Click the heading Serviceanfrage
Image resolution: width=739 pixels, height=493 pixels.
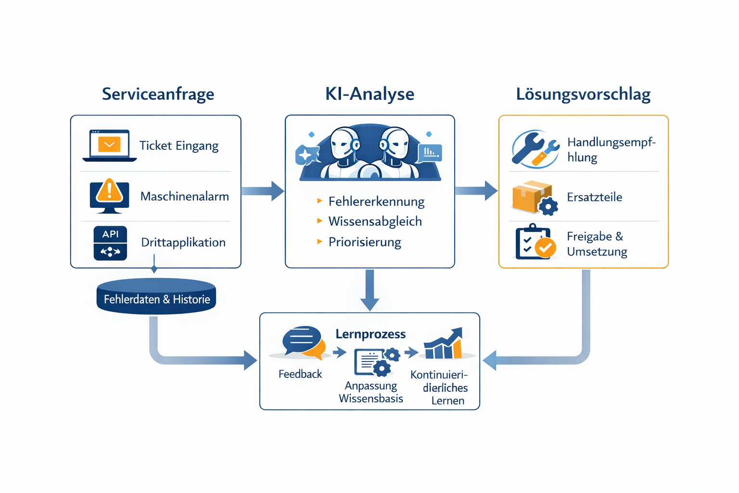point(158,94)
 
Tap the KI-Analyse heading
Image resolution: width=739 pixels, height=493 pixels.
point(369,94)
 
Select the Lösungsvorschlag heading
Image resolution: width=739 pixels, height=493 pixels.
point(583,94)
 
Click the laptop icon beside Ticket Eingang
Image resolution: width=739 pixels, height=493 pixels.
point(110,145)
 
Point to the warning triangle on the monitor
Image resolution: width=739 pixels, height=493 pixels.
point(109,191)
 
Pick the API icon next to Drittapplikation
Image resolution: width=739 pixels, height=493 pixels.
point(110,243)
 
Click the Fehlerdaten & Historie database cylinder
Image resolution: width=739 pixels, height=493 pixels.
point(156,297)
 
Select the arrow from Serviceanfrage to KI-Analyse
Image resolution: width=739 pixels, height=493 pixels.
point(263,191)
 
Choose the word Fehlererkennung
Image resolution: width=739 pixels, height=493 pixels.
point(376,201)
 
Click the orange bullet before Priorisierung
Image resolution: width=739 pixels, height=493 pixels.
point(319,242)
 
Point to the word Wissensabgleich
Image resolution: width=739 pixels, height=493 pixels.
point(375,221)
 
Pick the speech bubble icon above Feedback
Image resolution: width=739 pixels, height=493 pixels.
point(303,342)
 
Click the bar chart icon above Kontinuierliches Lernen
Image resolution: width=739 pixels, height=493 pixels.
point(444,344)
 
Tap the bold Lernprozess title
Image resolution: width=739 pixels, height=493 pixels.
point(370,334)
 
